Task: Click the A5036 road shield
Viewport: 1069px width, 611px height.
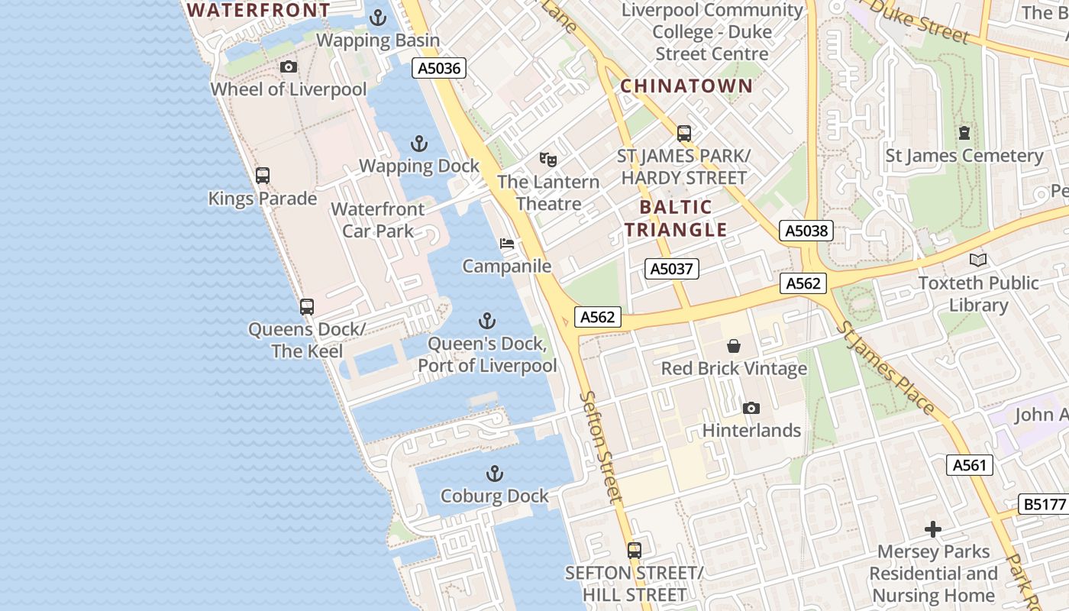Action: pyautogui.click(x=440, y=68)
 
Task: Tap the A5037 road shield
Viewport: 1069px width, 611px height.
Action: pyautogui.click(x=671, y=268)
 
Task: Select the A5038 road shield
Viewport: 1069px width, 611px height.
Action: pyautogui.click(x=806, y=230)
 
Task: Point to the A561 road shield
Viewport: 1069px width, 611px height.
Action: pyautogui.click(x=970, y=464)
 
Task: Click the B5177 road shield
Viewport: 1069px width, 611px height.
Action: pyautogui.click(x=1044, y=504)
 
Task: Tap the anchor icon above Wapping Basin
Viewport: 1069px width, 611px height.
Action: pyautogui.click(x=377, y=17)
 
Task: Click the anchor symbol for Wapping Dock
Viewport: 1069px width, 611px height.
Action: pyautogui.click(x=418, y=143)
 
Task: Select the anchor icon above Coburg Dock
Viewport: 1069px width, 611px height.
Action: pyautogui.click(x=495, y=474)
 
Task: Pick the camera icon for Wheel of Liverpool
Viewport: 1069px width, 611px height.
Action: pyautogui.click(x=289, y=67)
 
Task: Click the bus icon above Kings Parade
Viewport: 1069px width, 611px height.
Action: pyautogui.click(x=263, y=176)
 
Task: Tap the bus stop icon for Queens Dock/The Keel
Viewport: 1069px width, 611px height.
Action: pyautogui.click(x=307, y=307)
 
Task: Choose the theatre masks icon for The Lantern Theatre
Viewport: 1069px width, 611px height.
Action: pyautogui.click(x=547, y=160)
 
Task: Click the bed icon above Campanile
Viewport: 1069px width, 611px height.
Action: pyautogui.click(x=506, y=244)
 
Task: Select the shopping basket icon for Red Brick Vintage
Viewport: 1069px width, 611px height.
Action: pyautogui.click(x=733, y=346)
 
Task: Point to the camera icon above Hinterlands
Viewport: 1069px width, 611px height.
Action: pyautogui.click(x=751, y=408)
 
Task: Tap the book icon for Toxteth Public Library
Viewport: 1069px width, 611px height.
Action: pyautogui.click(x=978, y=260)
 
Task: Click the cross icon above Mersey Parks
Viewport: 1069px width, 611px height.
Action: pyautogui.click(x=932, y=529)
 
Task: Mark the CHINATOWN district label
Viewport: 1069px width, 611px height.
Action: pyautogui.click(x=686, y=86)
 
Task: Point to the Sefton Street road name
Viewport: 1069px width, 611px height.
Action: pyautogui.click(x=602, y=445)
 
